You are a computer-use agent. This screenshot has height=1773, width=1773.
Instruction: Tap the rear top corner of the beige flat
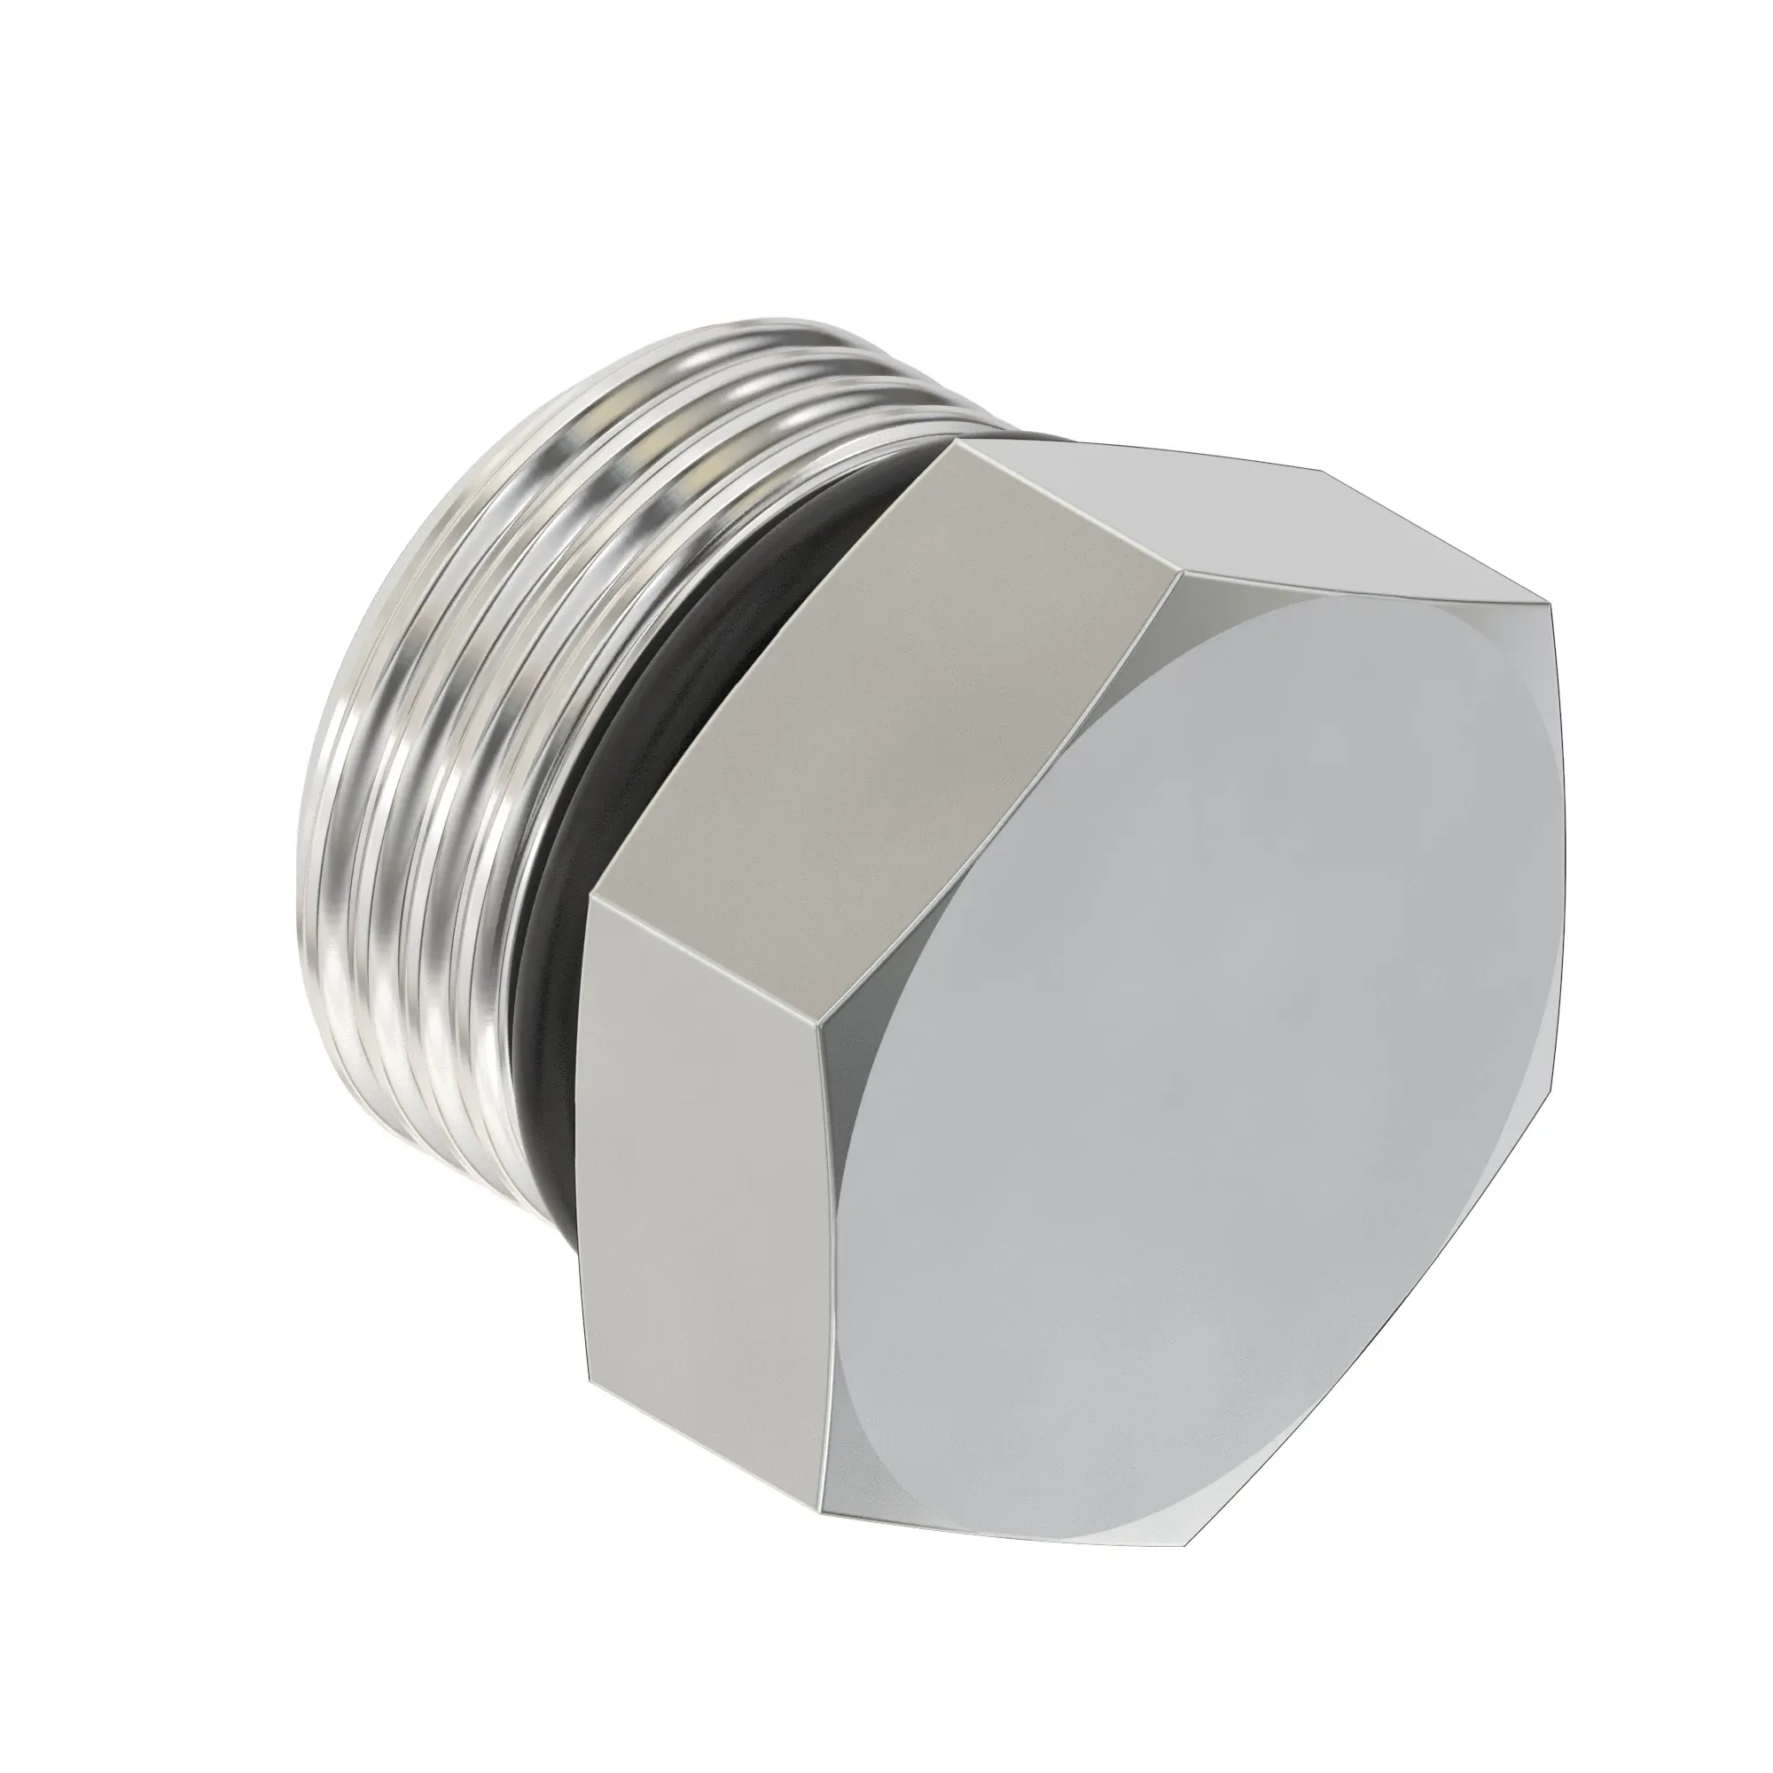point(955,441)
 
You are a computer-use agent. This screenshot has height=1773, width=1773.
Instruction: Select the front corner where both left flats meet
point(818,1025)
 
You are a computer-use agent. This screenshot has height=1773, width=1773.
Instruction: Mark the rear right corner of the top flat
point(1322,472)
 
